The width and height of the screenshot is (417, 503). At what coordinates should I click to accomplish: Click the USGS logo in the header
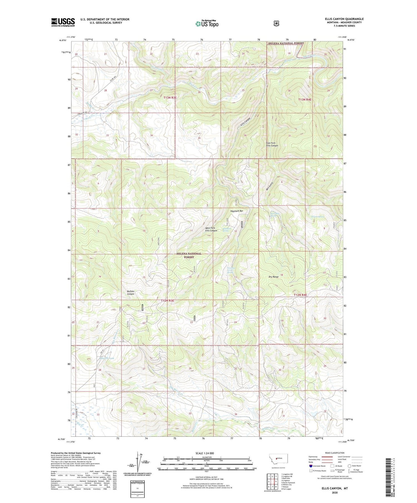pyautogui.click(x=63, y=22)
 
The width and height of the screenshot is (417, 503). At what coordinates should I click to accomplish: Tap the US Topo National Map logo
pyautogui.click(x=207, y=24)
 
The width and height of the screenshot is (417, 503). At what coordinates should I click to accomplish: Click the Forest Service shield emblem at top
pyautogui.click(x=276, y=24)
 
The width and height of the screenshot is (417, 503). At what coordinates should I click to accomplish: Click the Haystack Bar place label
pyautogui.click(x=237, y=211)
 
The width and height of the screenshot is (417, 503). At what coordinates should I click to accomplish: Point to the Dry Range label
pyautogui.click(x=274, y=277)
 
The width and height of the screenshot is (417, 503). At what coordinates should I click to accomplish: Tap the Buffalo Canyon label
pyautogui.click(x=131, y=292)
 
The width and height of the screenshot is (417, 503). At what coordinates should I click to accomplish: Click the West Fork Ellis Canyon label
pyautogui.click(x=211, y=229)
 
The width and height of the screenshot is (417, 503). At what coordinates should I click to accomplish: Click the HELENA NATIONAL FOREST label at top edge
pyautogui.click(x=286, y=43)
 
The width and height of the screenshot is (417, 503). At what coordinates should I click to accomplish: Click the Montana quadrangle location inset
pyautogui.click(x=278, y=460)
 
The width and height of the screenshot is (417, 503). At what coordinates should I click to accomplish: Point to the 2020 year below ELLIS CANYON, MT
pyautogui.click(x=334, y=492)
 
